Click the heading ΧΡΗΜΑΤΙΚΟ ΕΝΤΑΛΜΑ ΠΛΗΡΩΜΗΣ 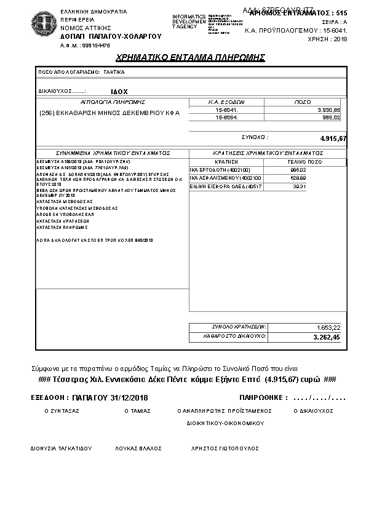pyautogui.click(x=190, y=57)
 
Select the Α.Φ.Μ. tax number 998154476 pyautogui.click(x=86, y=46)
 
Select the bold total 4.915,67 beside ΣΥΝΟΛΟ pyautogui.click(x=333, y=138)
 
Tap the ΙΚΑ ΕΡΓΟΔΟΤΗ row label pyautogui.click(x=217, y=169)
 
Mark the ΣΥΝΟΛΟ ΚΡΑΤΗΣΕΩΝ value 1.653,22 pyautogui.click(x=327, y=327)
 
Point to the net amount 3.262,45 pyautogui.click(x=326, y=338)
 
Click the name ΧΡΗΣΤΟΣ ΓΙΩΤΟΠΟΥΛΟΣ pyautogui.click(x=225, y=448)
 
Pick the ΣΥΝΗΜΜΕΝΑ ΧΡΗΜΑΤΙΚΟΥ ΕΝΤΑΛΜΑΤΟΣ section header pyautogui.click(x=113, y=153)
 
